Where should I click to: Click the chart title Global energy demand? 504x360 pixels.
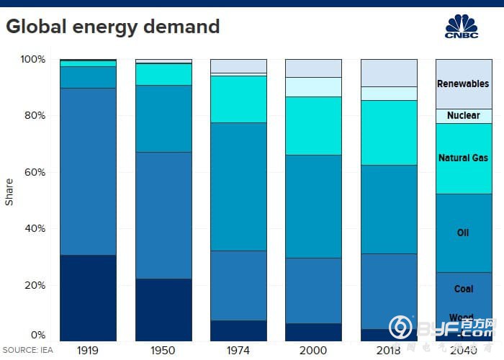[113, 27]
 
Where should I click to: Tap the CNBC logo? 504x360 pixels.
[462, 26]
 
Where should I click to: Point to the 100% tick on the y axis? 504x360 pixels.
[33, 59]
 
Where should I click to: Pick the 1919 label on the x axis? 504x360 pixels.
[88, 350]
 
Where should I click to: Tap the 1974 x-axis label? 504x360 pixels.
[238, 350]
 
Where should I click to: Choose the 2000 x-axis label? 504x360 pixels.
[313, 350]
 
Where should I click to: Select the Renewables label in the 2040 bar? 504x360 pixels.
[463, 84]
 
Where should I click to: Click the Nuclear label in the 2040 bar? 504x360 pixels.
[463, 115]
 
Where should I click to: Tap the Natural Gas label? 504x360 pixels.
[463, 158]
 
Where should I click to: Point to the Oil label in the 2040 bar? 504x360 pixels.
[463, 233]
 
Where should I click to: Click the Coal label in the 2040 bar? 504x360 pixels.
[463, 289]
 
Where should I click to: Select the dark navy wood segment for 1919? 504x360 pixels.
[88, 297]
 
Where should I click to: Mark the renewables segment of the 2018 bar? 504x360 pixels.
[389, 73]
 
